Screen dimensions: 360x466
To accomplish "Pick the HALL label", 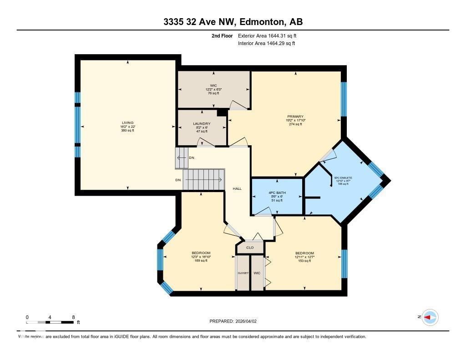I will (x=237, y=188).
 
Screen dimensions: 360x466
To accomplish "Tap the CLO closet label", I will (x=250, y=248).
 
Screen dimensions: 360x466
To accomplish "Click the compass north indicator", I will (x=430, y=317).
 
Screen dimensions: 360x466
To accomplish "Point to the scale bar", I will (x=50, y=322).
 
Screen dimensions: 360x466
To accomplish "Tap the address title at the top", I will (x=233, y=22).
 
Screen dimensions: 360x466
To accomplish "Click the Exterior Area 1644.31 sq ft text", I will (x=268, y=35).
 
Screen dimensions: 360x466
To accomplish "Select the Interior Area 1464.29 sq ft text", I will (x=267, y=43).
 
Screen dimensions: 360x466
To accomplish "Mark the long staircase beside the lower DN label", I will (x=204, y=179).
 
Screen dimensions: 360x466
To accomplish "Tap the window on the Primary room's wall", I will (x=344, y=99).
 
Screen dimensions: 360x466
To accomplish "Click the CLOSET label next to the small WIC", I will (x=243, y=273).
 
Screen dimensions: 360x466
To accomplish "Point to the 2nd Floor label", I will (x=222, y=35).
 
